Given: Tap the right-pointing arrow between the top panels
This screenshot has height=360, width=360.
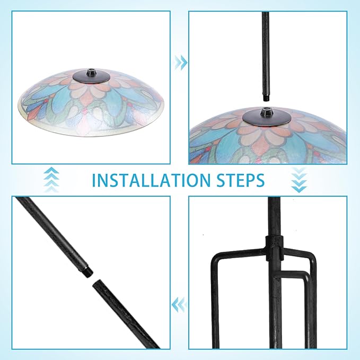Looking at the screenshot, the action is pyautogui.click(x=181, y=62).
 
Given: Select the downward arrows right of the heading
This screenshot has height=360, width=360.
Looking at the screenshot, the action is pyautogui.click(x=299, y=180).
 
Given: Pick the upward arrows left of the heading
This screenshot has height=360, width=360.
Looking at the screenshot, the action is pyautogui.click(x=51, y=180).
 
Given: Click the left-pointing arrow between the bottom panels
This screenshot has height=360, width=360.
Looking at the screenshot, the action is pyautogui.click(x=178, y=305).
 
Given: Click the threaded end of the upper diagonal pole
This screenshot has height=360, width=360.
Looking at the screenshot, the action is pyautogui.click(x=89, y=271).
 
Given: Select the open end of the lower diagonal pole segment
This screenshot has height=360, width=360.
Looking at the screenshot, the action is pyautogui.click(x=96, y=283).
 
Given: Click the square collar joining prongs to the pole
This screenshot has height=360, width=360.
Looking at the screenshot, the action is pyautogui.click(x=274, y=249).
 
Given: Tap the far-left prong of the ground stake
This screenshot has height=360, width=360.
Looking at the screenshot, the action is pyautogui.click(x=214, y=298).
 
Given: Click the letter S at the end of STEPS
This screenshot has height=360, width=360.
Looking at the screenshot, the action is pyautogui.click(x=260, y=180).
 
